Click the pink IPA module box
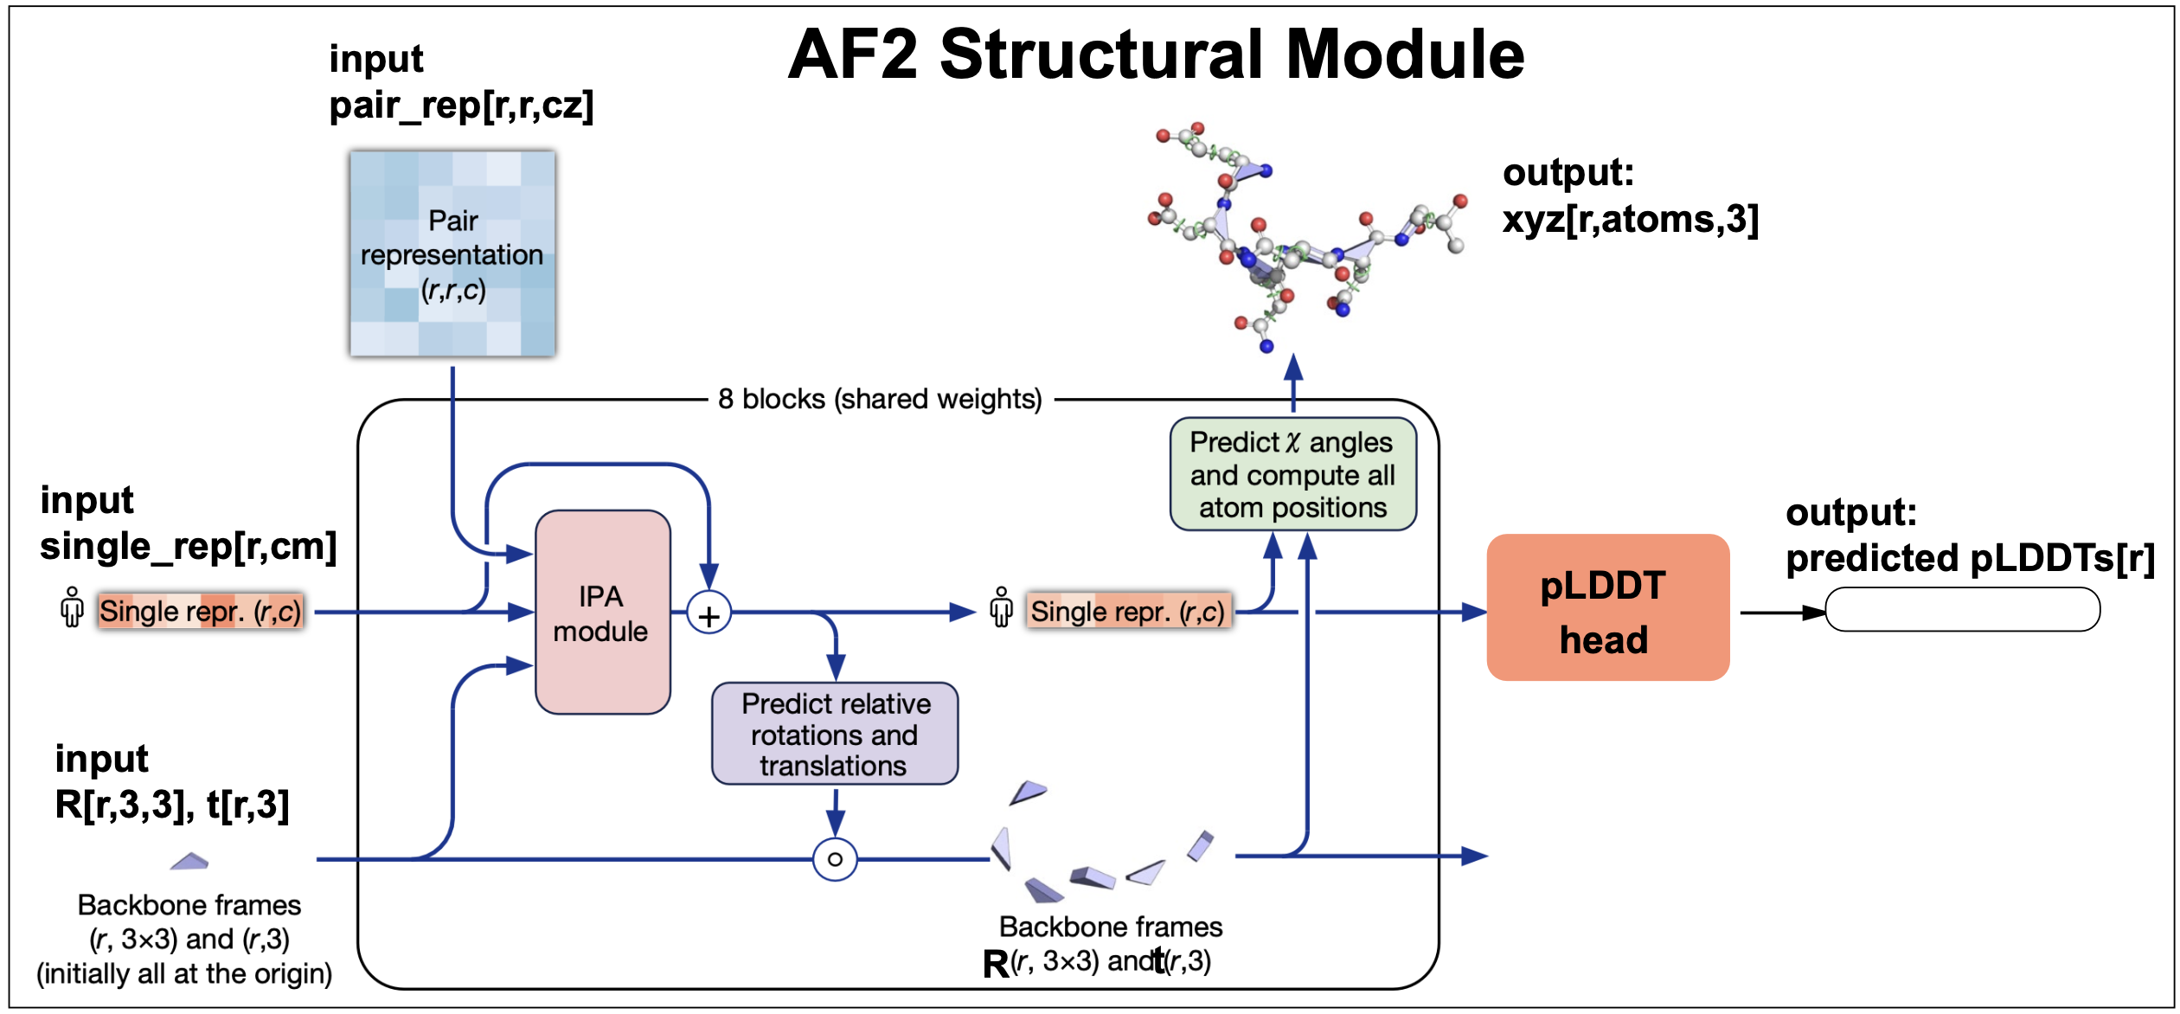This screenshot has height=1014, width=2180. (x=602, y=612)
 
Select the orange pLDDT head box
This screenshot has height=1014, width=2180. (x=1607, y=607)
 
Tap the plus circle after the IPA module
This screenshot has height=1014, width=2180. (x=708, y=614)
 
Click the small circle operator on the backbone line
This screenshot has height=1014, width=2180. (x=835, y=859)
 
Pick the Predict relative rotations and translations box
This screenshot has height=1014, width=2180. (x=834, y=734)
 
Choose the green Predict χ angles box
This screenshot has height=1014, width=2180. (x=1292, y=474)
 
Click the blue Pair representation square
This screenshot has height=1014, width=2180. (x=452, y=253)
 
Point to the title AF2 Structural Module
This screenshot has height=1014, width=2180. (x=1156, y=54)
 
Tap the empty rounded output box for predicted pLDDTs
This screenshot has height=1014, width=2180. (x=1962, y=609)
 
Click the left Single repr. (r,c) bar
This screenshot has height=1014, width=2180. (x=200, y=611)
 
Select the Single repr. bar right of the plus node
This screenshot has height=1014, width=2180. (x=1128, y=611)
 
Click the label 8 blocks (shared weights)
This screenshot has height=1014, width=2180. (x=880, y=399)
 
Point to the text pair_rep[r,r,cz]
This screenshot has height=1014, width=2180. (x=461, y=106)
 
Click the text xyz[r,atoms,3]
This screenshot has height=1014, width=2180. (x=1630, y=219)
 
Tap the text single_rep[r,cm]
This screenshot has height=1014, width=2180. (x=188, y=547)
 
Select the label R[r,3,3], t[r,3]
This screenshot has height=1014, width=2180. (x=171, y=805)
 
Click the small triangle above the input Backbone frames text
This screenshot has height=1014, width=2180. (x=189, y=861)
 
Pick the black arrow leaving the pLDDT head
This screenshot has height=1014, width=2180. (x=1782, y=613)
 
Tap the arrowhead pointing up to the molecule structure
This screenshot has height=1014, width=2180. (x=1293, y=367)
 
